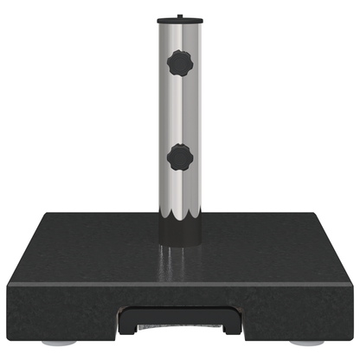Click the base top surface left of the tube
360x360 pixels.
click(x=95, y=238)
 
